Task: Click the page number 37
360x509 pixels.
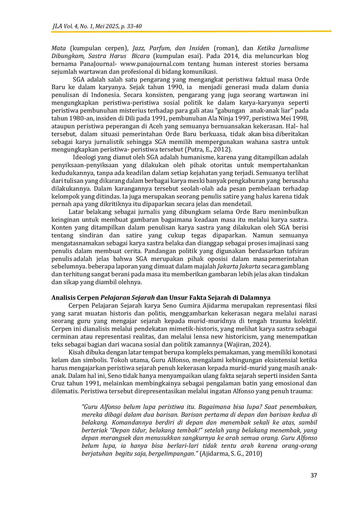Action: (314, 475)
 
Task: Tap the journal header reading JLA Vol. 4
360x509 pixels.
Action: (97, 26)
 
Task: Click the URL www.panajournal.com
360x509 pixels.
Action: (152, 64)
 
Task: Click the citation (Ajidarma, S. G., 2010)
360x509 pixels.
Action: (231, 454)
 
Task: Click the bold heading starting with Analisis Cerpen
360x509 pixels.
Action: (161, 297)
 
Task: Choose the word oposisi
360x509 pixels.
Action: (222, 259)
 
